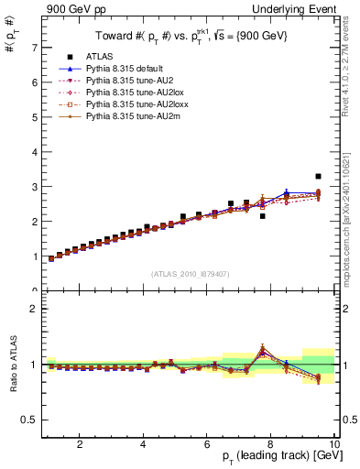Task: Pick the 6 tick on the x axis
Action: [x=207, y=443]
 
